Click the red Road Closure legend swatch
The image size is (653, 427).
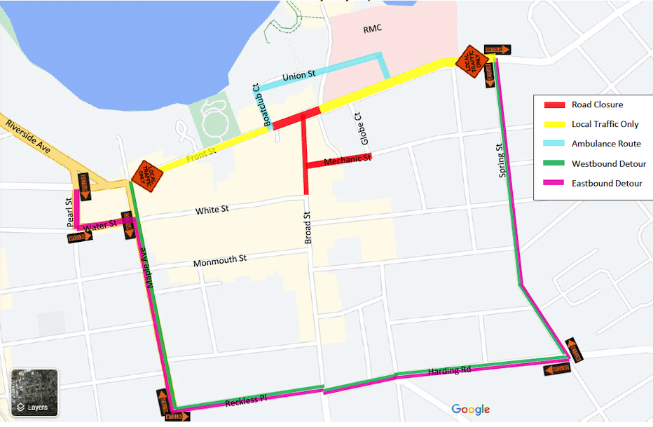(554, 105)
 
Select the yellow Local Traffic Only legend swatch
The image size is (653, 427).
(554, 125)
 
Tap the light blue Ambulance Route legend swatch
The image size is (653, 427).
(554, 144)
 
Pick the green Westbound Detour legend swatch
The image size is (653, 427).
(554, 164)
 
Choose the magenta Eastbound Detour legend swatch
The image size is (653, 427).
(554, 184)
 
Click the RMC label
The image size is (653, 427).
(373, 30)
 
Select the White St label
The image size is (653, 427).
(212, 210)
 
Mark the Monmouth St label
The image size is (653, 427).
(220, 261)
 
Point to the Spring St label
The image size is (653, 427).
(502, 161)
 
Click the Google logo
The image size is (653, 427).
(470, 409)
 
